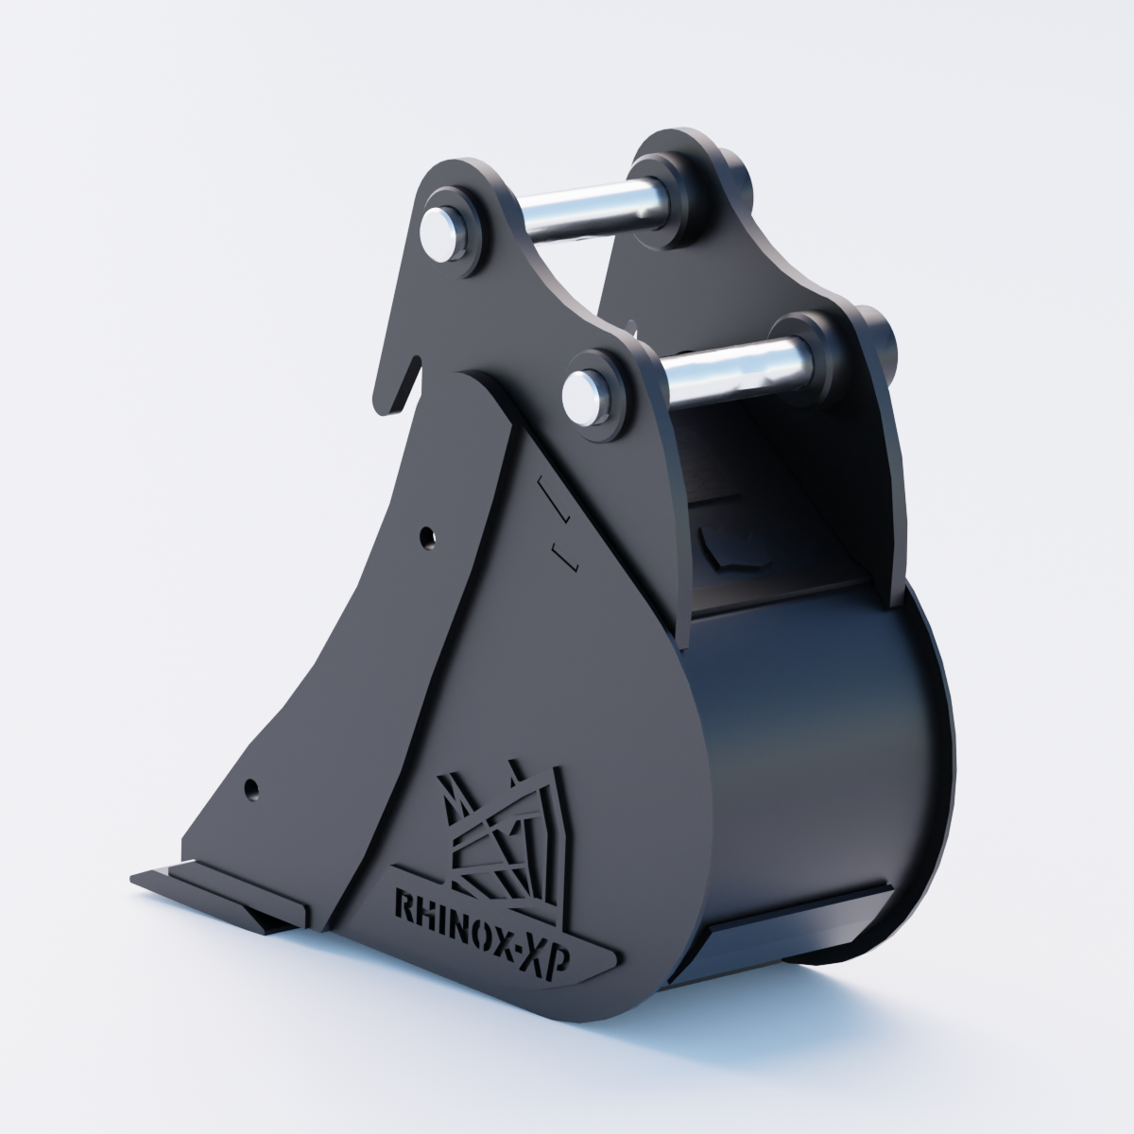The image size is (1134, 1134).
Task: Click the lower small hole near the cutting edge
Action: pos(252,788)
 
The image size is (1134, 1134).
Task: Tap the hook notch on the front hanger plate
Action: pos(407,380)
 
